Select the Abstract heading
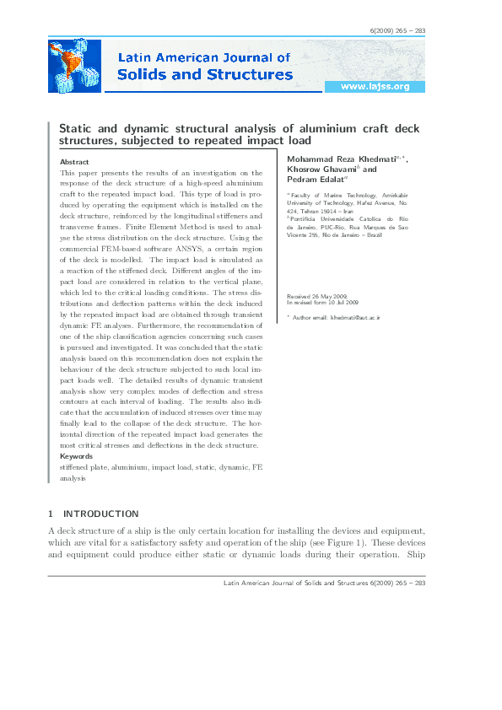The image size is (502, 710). pyautogui.click(x=75, y=161)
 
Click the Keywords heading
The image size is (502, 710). pyautogui.click(x=77, y=456)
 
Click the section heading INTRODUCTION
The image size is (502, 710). pyautogui.click(x=101, y=514)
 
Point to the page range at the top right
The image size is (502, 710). pyautogui.click(x=398, y=31)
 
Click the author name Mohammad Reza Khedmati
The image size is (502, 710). pyautogui.click(x=337, y=159)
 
